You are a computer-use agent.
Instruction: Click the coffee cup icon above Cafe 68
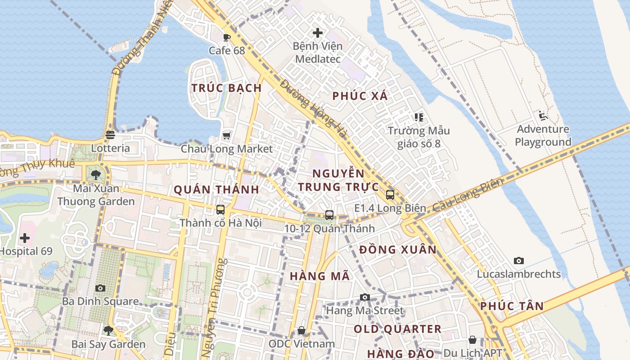[227, 37]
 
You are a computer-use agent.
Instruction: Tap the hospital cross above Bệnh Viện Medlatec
[318, 33]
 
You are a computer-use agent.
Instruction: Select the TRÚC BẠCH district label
[227, 88]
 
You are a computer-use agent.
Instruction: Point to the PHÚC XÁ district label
[360, 96]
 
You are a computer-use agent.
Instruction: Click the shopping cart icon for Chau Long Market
[227, 135]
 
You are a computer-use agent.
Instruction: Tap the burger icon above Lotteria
[110, 135]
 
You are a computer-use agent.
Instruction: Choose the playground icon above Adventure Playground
[543, 116]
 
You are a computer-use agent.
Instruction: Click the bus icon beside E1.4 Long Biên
[390, 195]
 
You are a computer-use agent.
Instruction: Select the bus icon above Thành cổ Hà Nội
[220, 210]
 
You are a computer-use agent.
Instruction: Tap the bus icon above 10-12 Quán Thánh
[329, 215]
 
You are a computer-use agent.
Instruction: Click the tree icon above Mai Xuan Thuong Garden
[95, 175]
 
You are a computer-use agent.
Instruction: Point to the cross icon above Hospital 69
[25, 238]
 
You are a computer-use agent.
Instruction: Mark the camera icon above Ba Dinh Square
[100, 288]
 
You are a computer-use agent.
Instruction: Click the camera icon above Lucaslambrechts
[519, 261]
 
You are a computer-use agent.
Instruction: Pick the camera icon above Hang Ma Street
[365, 297]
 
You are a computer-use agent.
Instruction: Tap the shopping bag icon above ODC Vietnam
[301, 331]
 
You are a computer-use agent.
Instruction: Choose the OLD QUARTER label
[397, 329]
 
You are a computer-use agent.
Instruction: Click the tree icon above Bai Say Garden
[108, 331]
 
